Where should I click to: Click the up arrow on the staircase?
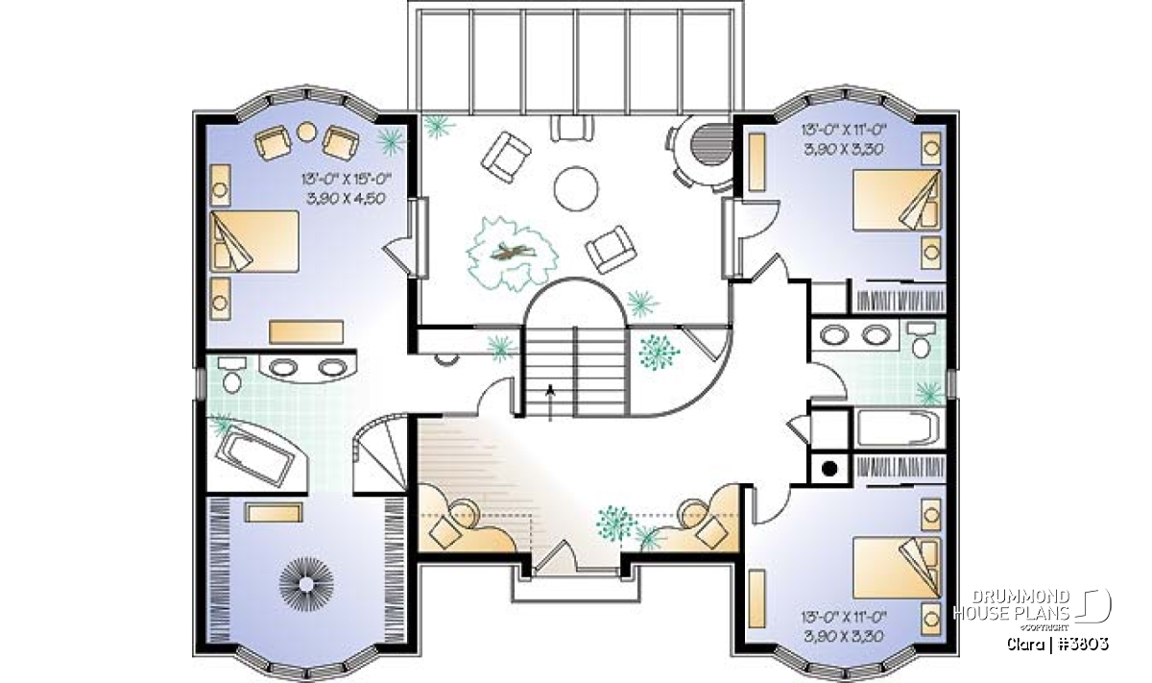(550, 402)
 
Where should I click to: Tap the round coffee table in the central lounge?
(577, 188)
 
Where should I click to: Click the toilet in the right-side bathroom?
(921, 339)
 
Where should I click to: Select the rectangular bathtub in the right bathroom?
(899, 427)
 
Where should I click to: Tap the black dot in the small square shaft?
(829, 469)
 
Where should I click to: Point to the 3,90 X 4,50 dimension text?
(345, 198)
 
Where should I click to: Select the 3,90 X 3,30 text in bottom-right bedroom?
(844, 636)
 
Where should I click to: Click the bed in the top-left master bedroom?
(254, 240)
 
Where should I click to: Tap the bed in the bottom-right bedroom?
(897, 568)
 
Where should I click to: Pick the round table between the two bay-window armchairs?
(306, 132)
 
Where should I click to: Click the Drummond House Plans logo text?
(1011, 605)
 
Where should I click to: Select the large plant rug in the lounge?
(513, 254)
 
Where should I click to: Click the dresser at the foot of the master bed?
(306, 332)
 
